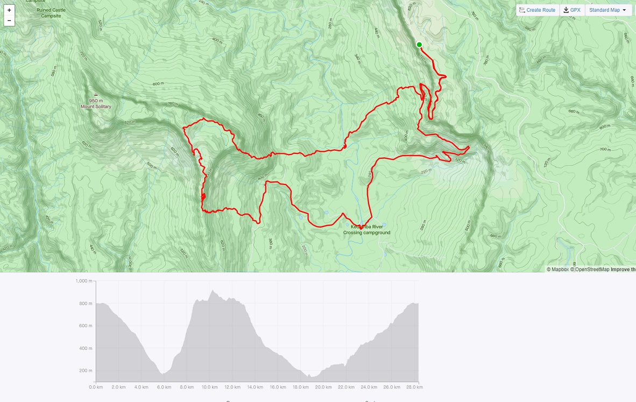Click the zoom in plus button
pos(9,10)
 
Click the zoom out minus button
pos(9,20)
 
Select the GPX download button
pos(572,10)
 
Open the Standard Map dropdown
pos(608,10)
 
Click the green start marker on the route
pos(419,45)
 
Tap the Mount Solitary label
pos(96,107)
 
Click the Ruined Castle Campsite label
pos(52,13)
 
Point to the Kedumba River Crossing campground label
pos(367,230)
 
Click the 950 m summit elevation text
pos(96,101)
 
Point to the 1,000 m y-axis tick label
pos(83,281)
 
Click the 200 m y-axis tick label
pos(86,371)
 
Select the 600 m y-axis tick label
pos(86,326)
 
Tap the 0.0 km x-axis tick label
pos(96,387)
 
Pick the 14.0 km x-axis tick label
pos(255,387)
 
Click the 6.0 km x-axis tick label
pos(164,387)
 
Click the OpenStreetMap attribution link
pos(590,269)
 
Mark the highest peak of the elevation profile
pos(212,291)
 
